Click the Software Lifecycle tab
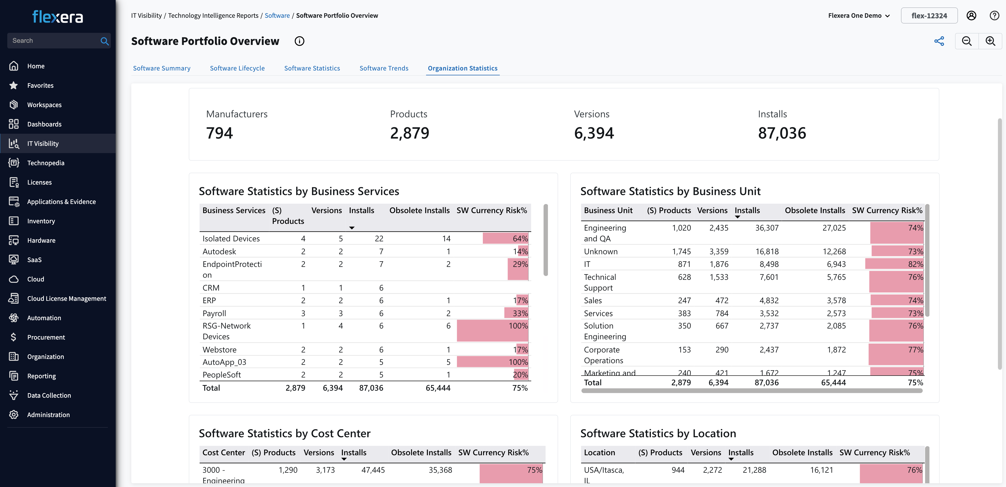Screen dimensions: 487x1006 (x=237, y=68)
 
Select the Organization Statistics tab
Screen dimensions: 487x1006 (x=462, y=68)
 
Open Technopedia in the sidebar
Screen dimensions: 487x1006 (x=45, y=163)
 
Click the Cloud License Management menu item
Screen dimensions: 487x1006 (x=66, y=298)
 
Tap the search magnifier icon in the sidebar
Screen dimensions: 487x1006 (x=104, y=41)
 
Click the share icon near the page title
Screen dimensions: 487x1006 (x=939, y=41)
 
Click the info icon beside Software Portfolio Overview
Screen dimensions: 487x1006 (x=299, y=41)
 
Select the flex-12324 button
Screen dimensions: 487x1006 (x=929, y=16)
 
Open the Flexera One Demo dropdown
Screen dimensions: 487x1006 (x=858, y=16)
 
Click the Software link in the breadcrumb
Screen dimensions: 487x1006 (x=277, y=16)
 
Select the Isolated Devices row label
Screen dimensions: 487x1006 (x=231, y=239)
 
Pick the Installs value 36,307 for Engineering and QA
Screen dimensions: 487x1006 (x=767, y=228)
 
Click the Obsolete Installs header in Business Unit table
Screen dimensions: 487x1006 (x=815, y=210)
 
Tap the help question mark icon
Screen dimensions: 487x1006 (x=994, y=16)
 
